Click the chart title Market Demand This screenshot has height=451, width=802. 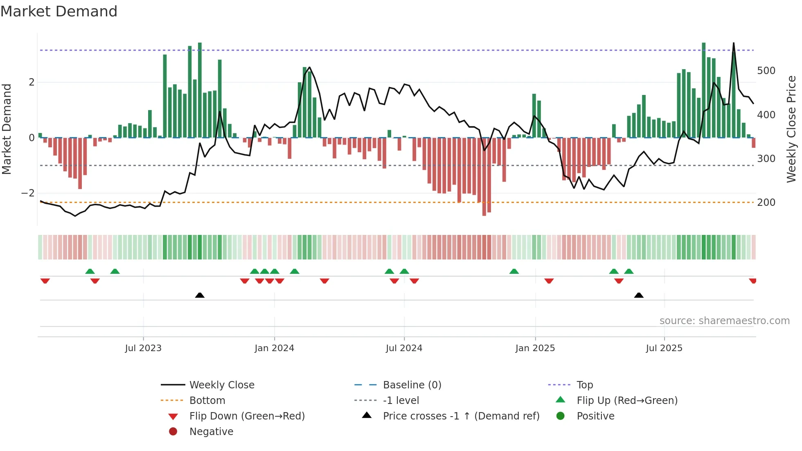tap(59, 11)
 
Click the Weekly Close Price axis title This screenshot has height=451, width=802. tap(791, 129)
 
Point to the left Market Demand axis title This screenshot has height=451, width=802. tap(7, 129)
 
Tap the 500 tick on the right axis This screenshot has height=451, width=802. tap(766, 71)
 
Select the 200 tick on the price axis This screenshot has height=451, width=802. tap(766, 203)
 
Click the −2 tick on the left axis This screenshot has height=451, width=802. tap(28, 193)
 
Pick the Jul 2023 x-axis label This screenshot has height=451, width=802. tap(143, 348)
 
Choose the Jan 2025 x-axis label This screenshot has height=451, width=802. tap(535, 348)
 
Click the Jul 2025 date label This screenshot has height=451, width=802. tap(664, 348)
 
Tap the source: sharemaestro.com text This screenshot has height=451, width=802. tap(724, 321)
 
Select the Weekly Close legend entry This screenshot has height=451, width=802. tap(221, 385)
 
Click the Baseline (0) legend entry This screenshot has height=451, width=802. tap(412, 385)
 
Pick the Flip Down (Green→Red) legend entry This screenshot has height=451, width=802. tap(247, 416)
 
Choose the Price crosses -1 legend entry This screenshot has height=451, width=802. tap(461, 416)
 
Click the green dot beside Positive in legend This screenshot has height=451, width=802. tap(561, 416)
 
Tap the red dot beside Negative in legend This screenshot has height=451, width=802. tap(173, 432)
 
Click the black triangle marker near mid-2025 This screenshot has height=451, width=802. tap(639, 295)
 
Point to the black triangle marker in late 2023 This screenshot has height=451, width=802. tap(200, 295)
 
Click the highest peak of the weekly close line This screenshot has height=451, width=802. tap(734, 43)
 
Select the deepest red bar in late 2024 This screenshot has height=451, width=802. tap(484, 176)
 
